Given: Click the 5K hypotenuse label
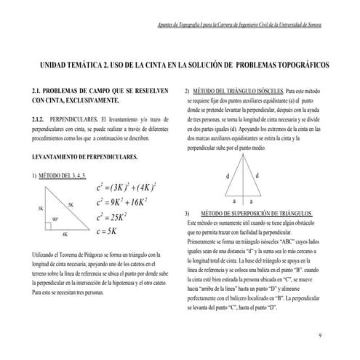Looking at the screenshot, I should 71,204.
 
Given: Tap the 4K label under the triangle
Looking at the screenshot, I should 65,234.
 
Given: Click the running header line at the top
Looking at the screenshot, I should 240,24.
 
